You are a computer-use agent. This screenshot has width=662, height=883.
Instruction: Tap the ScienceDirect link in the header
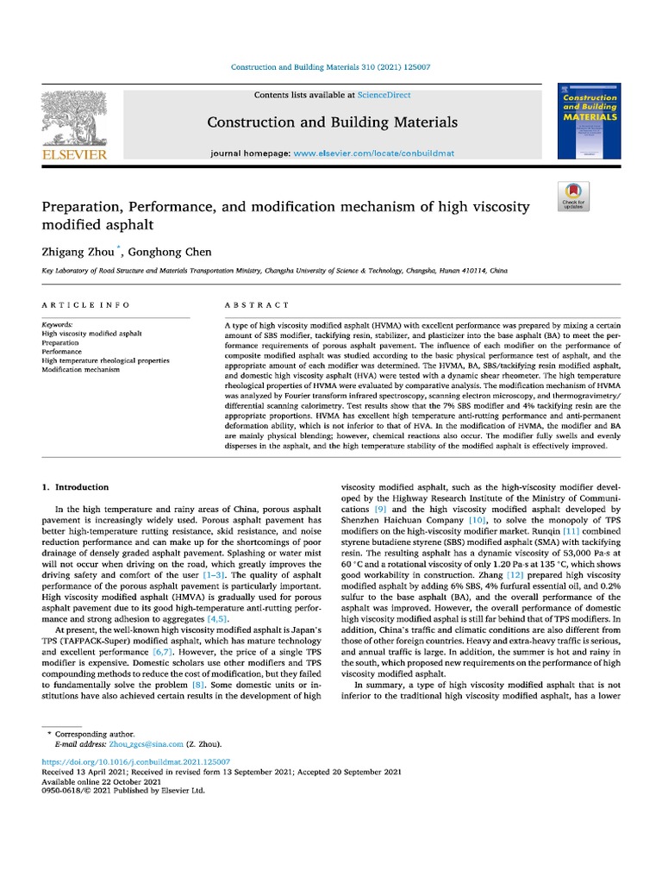tap(386, 95)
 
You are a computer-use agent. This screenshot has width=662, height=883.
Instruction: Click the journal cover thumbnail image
tap(589, 122)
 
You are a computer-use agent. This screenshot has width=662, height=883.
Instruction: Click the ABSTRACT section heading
tap(257, 305)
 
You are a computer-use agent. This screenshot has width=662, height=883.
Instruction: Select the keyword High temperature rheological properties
tap(105, 360)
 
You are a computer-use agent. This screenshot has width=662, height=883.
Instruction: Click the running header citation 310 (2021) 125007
tap(403, 67)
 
